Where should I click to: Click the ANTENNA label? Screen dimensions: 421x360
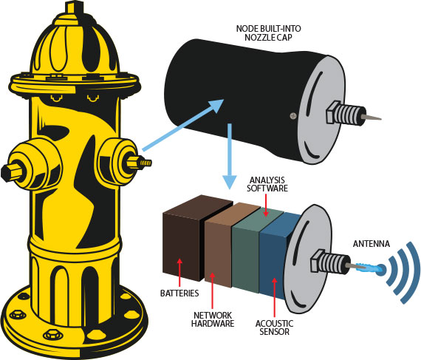coord(371,244)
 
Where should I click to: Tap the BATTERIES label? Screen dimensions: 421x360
coord(179,293)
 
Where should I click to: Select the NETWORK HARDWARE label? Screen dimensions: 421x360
coord(213,319)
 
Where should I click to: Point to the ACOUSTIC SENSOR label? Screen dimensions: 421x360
coord(274,327)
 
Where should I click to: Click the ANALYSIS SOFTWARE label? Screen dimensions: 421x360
coord(267,184)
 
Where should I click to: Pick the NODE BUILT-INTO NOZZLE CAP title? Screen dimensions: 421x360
coord(269,33)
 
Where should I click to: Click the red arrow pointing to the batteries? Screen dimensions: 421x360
coord(179,273)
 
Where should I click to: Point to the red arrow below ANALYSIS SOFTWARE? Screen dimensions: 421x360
coord(266,205)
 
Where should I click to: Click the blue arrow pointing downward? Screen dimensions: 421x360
coord(230,157)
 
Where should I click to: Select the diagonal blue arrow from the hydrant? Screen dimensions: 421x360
coord(183,125)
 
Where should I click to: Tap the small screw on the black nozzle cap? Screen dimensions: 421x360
coord(293,116)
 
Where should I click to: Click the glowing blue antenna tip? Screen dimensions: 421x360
coord(380,269)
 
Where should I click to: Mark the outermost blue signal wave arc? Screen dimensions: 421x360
coord(409,273)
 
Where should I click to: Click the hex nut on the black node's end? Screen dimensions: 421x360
coord(332,112)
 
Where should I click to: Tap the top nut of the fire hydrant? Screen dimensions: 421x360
coord(74,7)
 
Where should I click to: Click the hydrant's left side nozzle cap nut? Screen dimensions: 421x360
coord(11,171)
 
